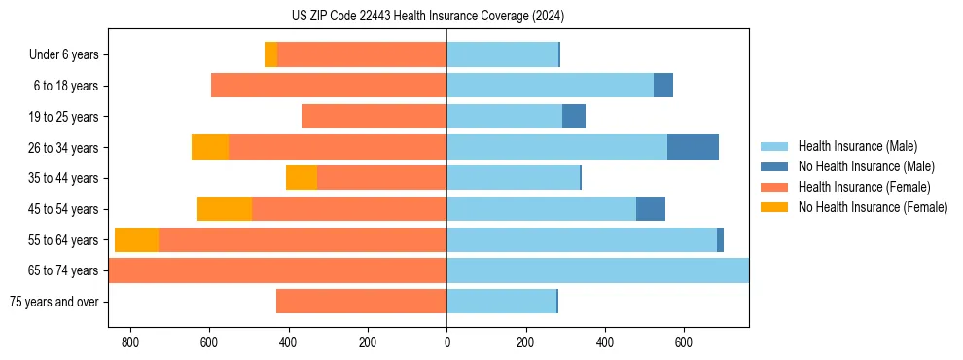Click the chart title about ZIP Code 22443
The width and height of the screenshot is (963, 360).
(x=427, y=17)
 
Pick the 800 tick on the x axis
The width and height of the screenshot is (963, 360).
(x=129, y=342)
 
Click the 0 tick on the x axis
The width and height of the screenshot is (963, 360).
(x=446, y=342)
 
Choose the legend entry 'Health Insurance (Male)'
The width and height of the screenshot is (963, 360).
(x=857, y=146)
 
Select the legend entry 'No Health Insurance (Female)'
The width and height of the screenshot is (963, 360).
(x=873, y=207)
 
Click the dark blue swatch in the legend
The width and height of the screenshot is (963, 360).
(x=775, y=166)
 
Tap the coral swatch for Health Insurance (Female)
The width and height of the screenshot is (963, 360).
(x=775, y=187)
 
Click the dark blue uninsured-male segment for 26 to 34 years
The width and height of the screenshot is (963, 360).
(x=693, y=147)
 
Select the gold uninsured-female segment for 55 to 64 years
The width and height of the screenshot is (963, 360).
(x=136, y=239)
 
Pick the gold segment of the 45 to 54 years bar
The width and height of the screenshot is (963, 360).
(x=225, y=209)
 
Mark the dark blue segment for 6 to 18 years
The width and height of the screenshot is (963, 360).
(x=663, y=86)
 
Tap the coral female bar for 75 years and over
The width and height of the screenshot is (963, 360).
(x=361, y=302)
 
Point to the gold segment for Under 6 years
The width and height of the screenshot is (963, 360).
(x=270, y=54)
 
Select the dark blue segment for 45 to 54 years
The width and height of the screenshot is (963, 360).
(x=651, y=209)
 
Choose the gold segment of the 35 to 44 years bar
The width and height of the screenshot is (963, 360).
(x=302, y=178)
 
